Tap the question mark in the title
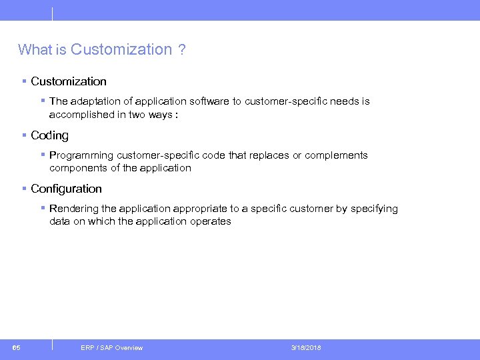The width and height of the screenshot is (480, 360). [x=182, y=49]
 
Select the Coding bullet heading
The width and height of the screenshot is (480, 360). [x=49, y=135]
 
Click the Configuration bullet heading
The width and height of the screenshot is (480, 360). [x=66, y=189]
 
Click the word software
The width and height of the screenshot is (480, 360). [x=209, y=101]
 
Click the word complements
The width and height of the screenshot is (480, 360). [x=336, y=155]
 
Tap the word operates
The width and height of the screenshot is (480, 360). [x=209, y=221]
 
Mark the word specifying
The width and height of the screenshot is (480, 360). [x=374, y=209]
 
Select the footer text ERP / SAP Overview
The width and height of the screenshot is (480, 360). [x=111, y=347]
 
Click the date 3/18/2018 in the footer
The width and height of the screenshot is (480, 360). [x=306, y=347]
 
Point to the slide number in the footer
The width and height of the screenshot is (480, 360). [x=16, y=347]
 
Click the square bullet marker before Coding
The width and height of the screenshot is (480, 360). [x=24, y=135]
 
